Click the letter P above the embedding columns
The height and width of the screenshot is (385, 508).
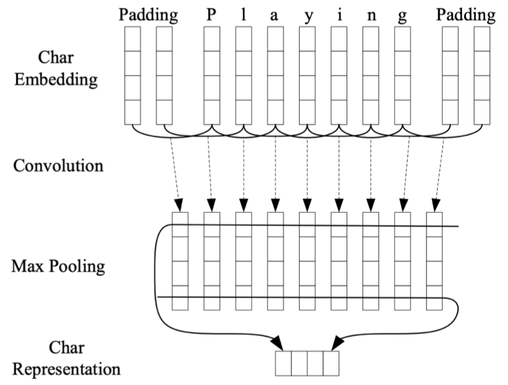click(211, 14)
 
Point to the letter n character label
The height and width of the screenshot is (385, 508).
click(371, 16)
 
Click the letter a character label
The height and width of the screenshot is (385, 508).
click(274, 16)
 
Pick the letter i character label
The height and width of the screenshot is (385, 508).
click(339, 14)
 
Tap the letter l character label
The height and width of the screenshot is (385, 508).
click(243, 14)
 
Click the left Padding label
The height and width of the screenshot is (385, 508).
click(148, 16)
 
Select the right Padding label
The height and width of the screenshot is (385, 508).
click(466, 16)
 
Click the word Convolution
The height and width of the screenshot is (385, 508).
click(58, 166)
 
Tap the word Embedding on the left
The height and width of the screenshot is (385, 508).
click(56, 80)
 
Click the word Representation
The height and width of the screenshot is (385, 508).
click(67, 369)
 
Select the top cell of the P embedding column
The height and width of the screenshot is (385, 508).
click(212, 39)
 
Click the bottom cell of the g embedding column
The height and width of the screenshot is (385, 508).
click(402, 112)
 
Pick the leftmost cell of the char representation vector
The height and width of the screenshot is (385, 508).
click(283, 363)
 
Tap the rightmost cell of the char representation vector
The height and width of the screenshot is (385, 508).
click(331, 363)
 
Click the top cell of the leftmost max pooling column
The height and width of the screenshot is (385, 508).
click(180, 224)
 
